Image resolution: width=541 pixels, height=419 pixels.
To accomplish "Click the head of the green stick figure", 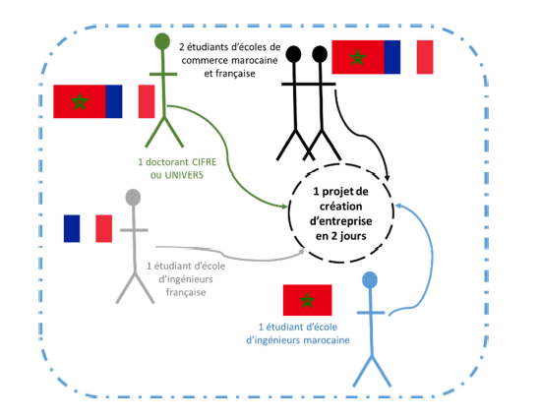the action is (x=162, y=41).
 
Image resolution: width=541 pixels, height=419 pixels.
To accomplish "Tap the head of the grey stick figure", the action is (x=133, y=197).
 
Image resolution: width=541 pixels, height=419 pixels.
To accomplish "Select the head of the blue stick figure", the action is (x=370, y=279).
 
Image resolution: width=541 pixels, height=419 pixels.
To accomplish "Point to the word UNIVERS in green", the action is (x=184, y=175).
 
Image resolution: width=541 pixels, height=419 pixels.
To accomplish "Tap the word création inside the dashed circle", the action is (x=341, y=207).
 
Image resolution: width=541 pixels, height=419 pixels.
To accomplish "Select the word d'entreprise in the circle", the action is (x=341, y=221).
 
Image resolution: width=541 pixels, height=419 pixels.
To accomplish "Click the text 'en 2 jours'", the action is (x=341, y=236).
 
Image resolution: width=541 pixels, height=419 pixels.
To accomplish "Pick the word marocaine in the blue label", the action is (x=327, y=340).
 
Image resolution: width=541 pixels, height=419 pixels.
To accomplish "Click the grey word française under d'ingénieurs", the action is (x=186, y=293).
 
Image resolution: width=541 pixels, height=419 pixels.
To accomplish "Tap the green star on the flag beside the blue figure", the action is (x=307, y=300).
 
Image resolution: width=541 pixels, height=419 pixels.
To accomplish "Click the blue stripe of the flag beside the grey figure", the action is (x=72, y=228).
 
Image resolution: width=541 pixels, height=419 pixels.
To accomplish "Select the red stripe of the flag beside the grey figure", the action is (x=104, y=228).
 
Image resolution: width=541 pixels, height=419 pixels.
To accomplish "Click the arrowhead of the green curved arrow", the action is (x=284, y=207).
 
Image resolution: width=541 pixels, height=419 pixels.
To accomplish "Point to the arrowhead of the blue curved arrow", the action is (x=398, y=206).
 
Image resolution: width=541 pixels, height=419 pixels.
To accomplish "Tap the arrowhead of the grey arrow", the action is (x=301, y=251).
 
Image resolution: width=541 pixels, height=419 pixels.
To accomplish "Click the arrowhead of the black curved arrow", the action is (x=388, y=177).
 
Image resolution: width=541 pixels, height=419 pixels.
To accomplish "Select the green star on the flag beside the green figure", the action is (x=80, y=101).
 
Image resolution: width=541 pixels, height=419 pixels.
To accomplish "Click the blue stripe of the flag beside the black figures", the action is (x=392, y=57).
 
